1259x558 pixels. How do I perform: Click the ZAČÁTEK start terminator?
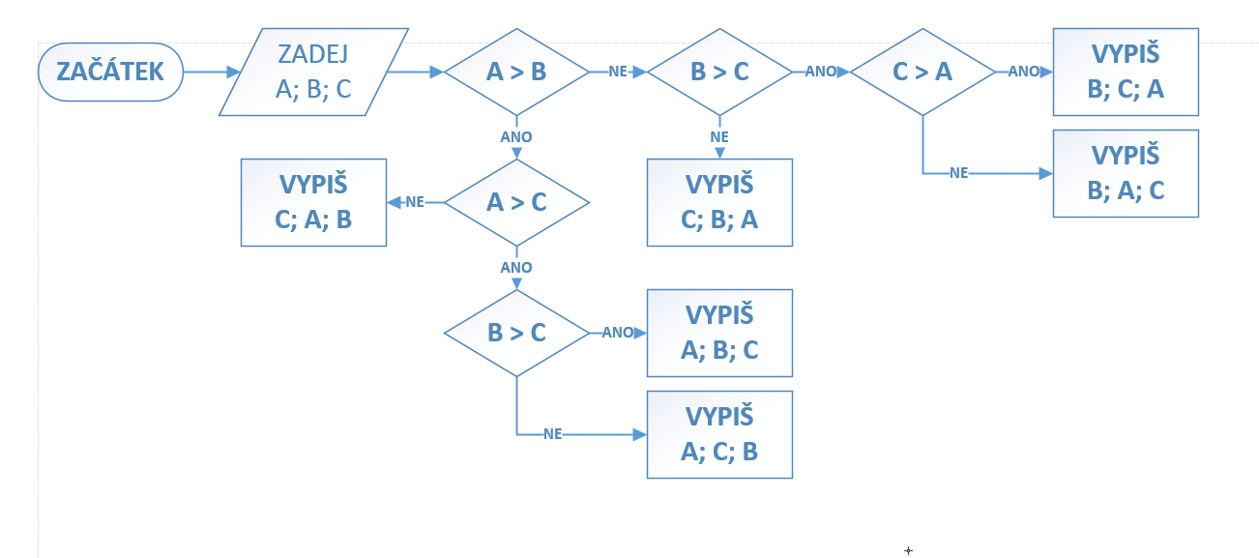(110, 72)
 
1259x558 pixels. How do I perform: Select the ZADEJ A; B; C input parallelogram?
(313, 72)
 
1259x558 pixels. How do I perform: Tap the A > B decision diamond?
(516, 72)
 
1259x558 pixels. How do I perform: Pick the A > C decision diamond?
(516, 202)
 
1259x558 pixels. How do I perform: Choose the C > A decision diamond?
(922, 72)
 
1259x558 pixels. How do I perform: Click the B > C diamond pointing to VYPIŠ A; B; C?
(516, 333)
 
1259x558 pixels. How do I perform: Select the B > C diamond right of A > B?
(719, 72)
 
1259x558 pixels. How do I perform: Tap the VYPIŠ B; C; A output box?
(1126, 72)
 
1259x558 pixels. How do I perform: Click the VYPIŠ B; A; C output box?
(1126, 173)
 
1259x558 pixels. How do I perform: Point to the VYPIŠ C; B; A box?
(719, 202)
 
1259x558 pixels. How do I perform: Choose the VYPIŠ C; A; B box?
(313, 202)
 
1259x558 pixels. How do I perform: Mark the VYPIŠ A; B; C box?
(719, 333)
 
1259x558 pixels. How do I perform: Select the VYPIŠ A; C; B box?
(719, 434)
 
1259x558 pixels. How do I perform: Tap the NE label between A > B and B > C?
(618, 72)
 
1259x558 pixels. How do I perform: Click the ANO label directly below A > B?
(516, 137)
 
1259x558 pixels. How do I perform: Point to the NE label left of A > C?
(415, 202)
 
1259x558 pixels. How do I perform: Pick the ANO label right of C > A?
(1023, 72)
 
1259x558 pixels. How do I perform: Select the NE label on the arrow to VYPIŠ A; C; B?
(553, 434)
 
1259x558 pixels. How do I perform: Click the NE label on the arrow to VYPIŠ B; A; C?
(959, 173)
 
